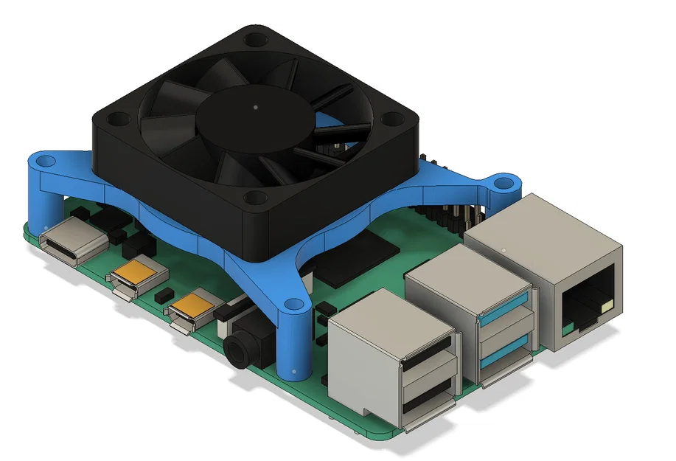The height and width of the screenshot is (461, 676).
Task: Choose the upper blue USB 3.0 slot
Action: click(x=506, y=305)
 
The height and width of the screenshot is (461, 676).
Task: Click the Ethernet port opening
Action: click(x=588, y=302)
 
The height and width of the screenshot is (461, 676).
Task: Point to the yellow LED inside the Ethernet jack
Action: click(x=607, y=305)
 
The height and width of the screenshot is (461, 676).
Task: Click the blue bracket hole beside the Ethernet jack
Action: click(x=503, y=179)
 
